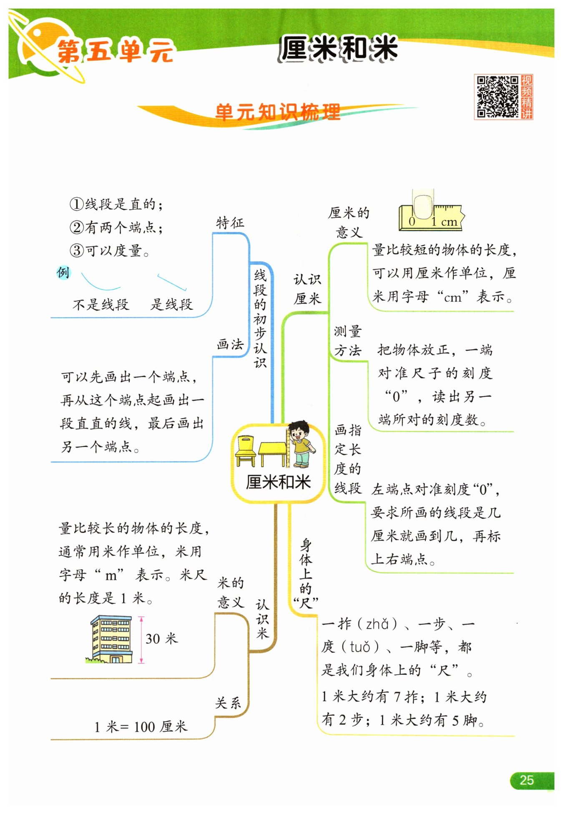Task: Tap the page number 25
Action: [527, 780]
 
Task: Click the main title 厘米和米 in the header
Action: [338, 48]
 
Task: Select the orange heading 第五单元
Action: [115, 51]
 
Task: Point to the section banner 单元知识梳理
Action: [278, 112]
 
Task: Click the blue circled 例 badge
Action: [63, 273]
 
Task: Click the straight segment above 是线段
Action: [172, 282]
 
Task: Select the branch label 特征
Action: [230, 223]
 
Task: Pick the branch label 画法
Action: [230, 344]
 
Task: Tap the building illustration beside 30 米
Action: [111, 639]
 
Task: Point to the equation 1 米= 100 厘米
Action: [141, 727]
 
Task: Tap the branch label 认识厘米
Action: [307, 289]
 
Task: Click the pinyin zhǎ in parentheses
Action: [377, 624]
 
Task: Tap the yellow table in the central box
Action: [273, 454]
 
